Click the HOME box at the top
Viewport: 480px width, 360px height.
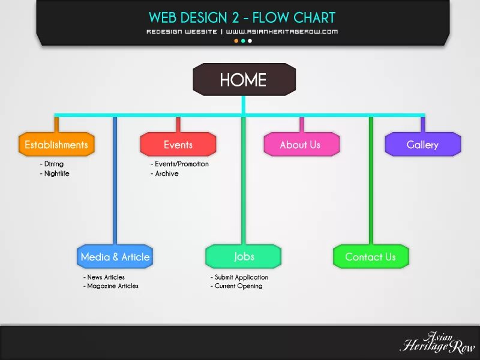point(244,80)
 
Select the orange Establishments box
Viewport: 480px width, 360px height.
point(56,145)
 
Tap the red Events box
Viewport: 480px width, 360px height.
point(178,145)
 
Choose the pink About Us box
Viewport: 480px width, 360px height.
point(301,145)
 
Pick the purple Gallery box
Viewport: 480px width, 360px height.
point(422,145)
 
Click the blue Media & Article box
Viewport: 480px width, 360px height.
point(115,257)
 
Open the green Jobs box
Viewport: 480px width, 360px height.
point(244,256)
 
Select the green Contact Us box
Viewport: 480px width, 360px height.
point(370,257)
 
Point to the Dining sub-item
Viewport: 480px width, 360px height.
point(53,164)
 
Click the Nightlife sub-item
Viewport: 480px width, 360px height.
point(56,173)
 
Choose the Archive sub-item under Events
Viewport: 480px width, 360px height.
point(166,173)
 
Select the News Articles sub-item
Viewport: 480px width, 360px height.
point(106,277)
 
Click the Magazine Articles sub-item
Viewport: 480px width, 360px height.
point(112,286)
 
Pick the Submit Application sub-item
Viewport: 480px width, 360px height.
point(241,277)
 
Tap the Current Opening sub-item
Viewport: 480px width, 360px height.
point(238,286)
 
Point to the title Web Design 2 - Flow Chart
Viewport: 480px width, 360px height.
point(242,17)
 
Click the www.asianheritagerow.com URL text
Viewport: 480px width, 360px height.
point(282,31)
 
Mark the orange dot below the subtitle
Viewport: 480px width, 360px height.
point(236,41)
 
